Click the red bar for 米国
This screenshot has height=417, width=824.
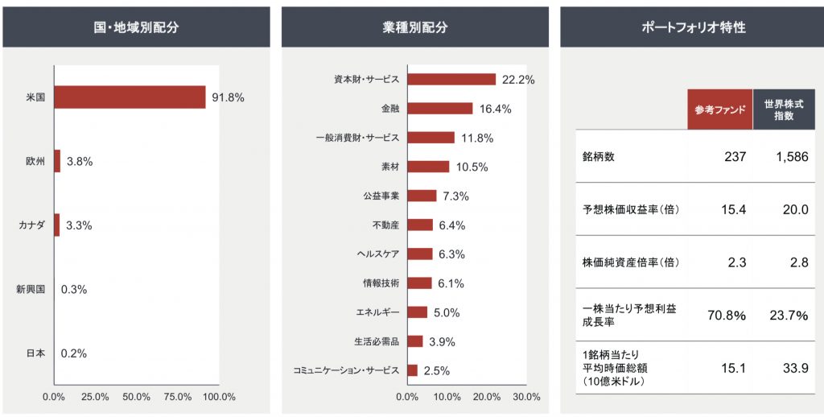pyautogui.click(x=130, y=97)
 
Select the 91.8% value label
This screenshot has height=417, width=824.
pyautogui.click(x=228, y=97)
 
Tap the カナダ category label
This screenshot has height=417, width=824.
pyautogui.click(x=33, y=225)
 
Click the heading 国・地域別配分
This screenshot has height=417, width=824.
pyautogui.click(x=136, y=27)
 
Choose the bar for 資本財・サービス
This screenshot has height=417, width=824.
pyautogui.click(x=451, y=80)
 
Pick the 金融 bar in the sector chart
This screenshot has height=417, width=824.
pyautogui.click(x=440, y=109)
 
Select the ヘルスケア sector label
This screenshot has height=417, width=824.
pyautogui.click(x=377, y=254)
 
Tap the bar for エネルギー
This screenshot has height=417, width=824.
pyautogui.click(x=418, y=312)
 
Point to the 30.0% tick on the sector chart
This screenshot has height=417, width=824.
pyautogui.click(x=526, y=397)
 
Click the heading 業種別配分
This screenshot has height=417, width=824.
pyautogui.click(x=415, y=27)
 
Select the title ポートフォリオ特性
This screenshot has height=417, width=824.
pyautogui.click(x=694, y=27)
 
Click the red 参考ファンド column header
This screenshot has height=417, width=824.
pyautogui.click(x=720, y=109)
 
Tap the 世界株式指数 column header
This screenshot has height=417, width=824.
pyautogui.click(x=785, y=109)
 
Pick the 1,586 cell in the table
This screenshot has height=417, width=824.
pyautogui.click(x=792, y=157)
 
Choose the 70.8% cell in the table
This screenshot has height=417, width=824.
pyautogui.click(x=727, y=316)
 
